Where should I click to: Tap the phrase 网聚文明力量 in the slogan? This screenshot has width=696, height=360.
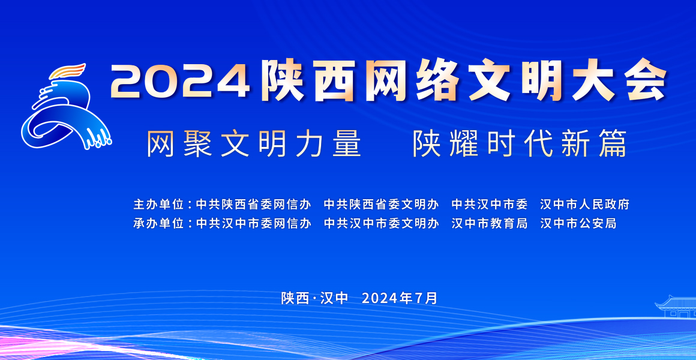[254, 143]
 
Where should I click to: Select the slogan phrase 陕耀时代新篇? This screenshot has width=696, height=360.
[520, 143]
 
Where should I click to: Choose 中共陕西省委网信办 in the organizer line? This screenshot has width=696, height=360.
[253, 204]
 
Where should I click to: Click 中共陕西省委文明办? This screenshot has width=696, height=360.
[381, 204]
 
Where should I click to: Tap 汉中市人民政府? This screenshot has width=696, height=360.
[584, 204]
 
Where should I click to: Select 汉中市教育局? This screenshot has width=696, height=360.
[490, 223]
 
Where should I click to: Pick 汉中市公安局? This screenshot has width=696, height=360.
[578, 223]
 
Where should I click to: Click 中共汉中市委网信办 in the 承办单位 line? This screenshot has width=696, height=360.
[253, 223]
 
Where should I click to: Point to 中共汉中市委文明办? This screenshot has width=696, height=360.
[381, 223]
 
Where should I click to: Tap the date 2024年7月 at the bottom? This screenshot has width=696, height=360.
[400, 298]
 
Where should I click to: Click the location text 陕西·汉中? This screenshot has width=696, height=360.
[315, 298]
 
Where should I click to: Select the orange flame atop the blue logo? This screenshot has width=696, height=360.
[68, 71]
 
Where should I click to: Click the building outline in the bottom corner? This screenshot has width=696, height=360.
[676, 306]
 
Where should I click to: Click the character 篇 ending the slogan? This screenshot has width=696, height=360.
[612, 143]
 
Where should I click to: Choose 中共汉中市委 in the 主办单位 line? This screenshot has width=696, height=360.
[490, 204]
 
